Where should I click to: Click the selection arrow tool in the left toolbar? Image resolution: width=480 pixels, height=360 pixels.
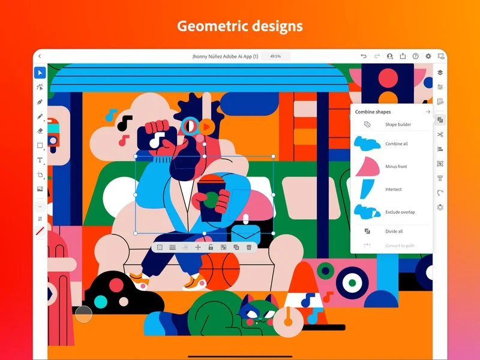pyautogui.click(x=40, y=73)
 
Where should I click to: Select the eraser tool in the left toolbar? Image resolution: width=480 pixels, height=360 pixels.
pyautogui.click(x=40, y=131)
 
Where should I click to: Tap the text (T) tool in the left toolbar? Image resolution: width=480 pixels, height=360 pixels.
pyautogui.click(x=40, y=160)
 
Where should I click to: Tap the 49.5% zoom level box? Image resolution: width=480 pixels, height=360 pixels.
pyautogui.click(x=275, y=56)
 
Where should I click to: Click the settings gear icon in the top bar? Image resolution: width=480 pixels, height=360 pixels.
pyautogui.click(x=428, y=56)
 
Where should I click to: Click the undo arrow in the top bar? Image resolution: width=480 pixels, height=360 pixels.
pyautogui.click(x=364, y=56)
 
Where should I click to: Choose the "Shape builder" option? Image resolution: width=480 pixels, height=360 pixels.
pyautogui.click(x=398, y=125)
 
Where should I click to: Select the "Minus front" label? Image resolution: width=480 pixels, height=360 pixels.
pyautogui.click(x=396, y=167)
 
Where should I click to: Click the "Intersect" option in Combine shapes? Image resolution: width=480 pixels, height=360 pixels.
pyautogui.click(x=394, y=190)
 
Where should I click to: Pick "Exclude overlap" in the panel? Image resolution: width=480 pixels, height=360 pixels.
pyautogui.click(x=400, y=212)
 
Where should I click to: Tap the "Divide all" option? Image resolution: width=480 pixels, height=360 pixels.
pyautogui.click(x=394, y=231)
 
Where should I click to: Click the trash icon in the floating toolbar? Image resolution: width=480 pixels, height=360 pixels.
pyautogui.click(x=249, y=247)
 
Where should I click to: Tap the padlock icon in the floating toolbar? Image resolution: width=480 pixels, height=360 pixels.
pyautogui.click(x=211, y=247)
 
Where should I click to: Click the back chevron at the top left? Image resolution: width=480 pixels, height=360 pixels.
pyautogui.click(x=40, y=56)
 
